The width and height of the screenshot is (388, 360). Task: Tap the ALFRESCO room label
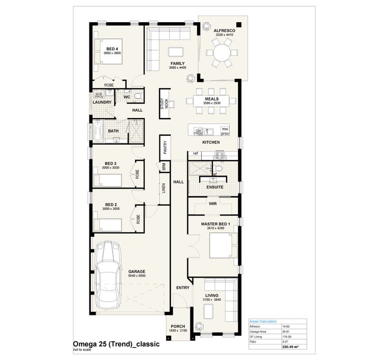tap(225, 31)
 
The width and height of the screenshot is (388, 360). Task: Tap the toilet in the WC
tap(138, 96)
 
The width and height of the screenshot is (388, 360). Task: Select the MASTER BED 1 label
tap(212, 224)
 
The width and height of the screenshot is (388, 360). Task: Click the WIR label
tap(212, 204)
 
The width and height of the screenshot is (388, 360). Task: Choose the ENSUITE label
tap(214, 187)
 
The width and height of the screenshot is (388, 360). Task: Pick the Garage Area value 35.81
tap(285, 332)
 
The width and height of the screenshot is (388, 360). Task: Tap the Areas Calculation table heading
tap(263, 321)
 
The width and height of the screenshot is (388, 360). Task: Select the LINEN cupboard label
tap(163, 189)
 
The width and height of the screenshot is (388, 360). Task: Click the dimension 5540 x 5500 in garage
tap(137, 276)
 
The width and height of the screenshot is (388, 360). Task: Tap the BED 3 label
tap(111, 163)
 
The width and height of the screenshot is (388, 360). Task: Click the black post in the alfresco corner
tap(238, 24)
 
